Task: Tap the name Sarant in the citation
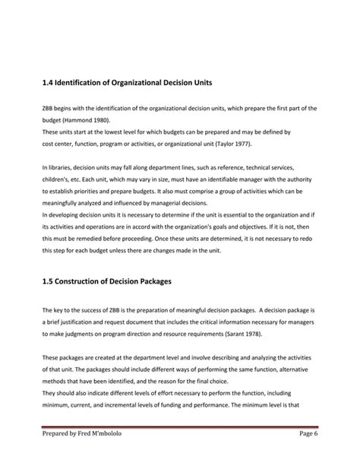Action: coord(243,333)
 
